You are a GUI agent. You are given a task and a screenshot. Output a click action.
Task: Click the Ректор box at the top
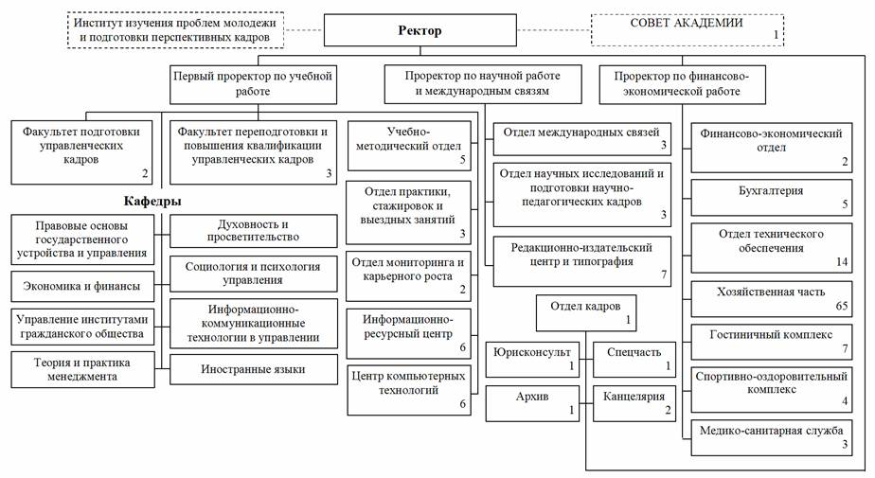tap(420, 30)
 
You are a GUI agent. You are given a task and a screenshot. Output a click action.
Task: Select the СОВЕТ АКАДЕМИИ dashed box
tap(687, 30)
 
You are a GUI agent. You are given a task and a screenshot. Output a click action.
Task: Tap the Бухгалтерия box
tap(771, 198)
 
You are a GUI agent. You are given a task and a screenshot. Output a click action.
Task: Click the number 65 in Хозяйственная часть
tap(842, 306)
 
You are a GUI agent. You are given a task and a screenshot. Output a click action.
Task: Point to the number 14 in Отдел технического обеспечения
tap(842, 261)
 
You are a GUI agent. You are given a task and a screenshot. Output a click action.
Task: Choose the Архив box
tap(532, 403)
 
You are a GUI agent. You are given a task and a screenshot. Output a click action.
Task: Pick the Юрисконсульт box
tap(532, 360)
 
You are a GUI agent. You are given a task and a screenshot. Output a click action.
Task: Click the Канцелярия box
tap(634, 403)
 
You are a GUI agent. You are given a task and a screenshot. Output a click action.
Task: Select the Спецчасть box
tap(634, 360)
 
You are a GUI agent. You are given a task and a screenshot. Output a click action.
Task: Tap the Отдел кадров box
tap(586, 313)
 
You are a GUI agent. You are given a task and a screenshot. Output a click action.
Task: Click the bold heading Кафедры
tap(152, 202)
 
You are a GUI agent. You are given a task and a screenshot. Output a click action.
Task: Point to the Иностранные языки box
tap(254, 369)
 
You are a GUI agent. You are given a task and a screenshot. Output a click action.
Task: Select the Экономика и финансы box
tap(82, 287)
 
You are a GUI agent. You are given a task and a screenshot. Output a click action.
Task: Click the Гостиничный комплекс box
tap(771, 342)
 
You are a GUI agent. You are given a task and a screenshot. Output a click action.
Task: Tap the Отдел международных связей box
tap(581, 139)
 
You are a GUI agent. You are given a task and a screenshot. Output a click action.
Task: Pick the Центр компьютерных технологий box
tap(408, 390)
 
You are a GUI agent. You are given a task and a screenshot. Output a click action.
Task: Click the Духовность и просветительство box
tap(254, 231)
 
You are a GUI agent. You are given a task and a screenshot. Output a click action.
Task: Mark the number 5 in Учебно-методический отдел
tap(463, 160)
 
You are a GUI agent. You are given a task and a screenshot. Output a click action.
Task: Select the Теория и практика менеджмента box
tap(82, 369)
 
